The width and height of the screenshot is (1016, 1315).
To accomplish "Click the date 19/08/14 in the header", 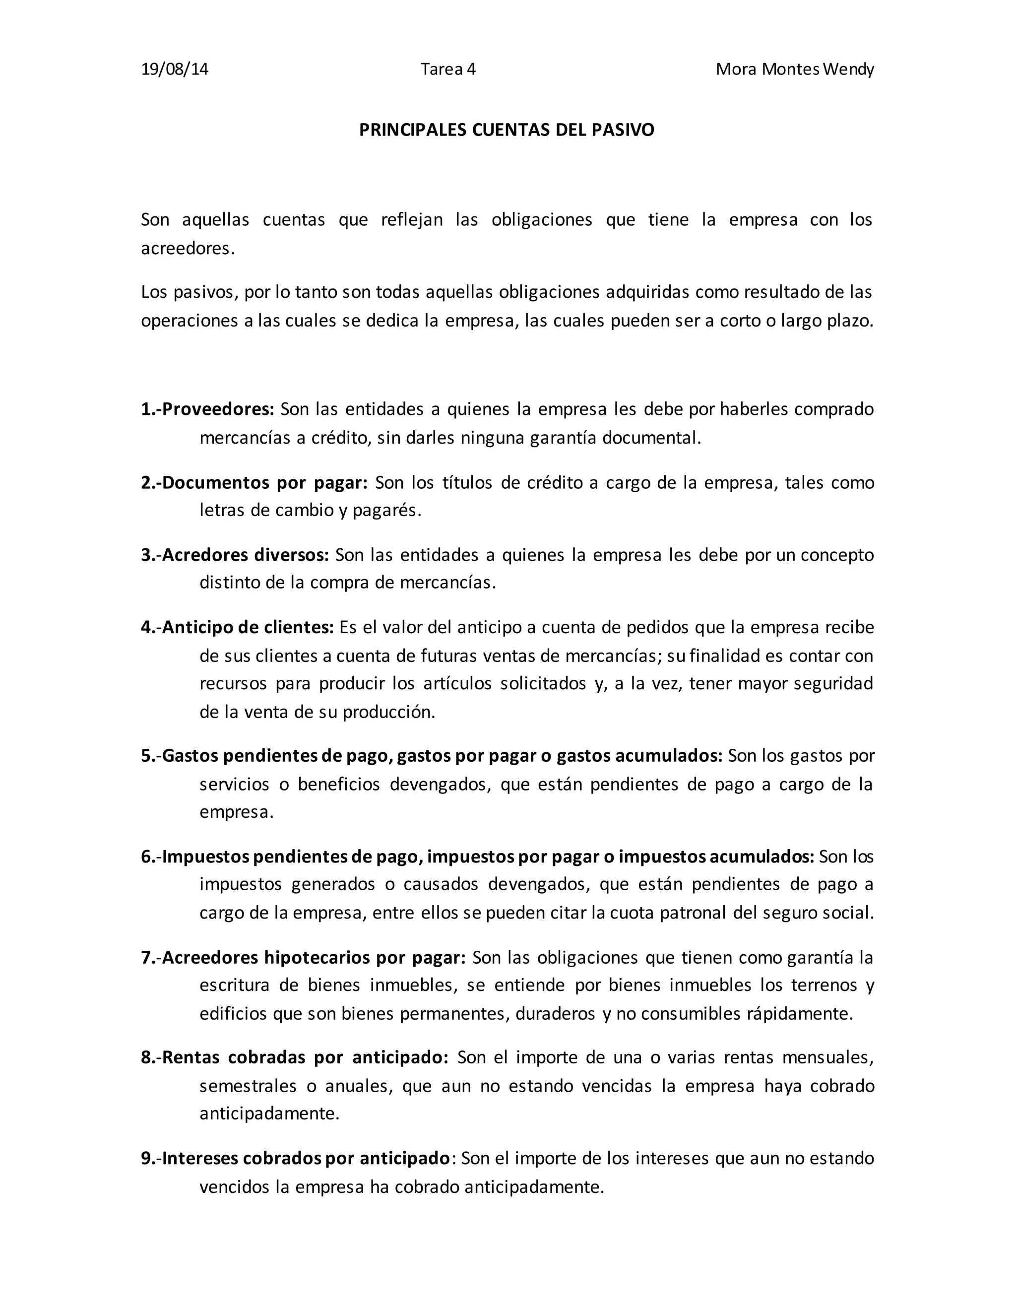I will (175, 69).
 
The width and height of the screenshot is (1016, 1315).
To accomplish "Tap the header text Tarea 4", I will (448, 69).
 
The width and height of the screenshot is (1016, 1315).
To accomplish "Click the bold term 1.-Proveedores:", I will (208, 409).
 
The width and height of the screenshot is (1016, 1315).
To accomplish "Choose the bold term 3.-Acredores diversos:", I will (235, 555).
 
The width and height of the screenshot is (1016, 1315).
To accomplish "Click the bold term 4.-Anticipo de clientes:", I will (237, 627).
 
